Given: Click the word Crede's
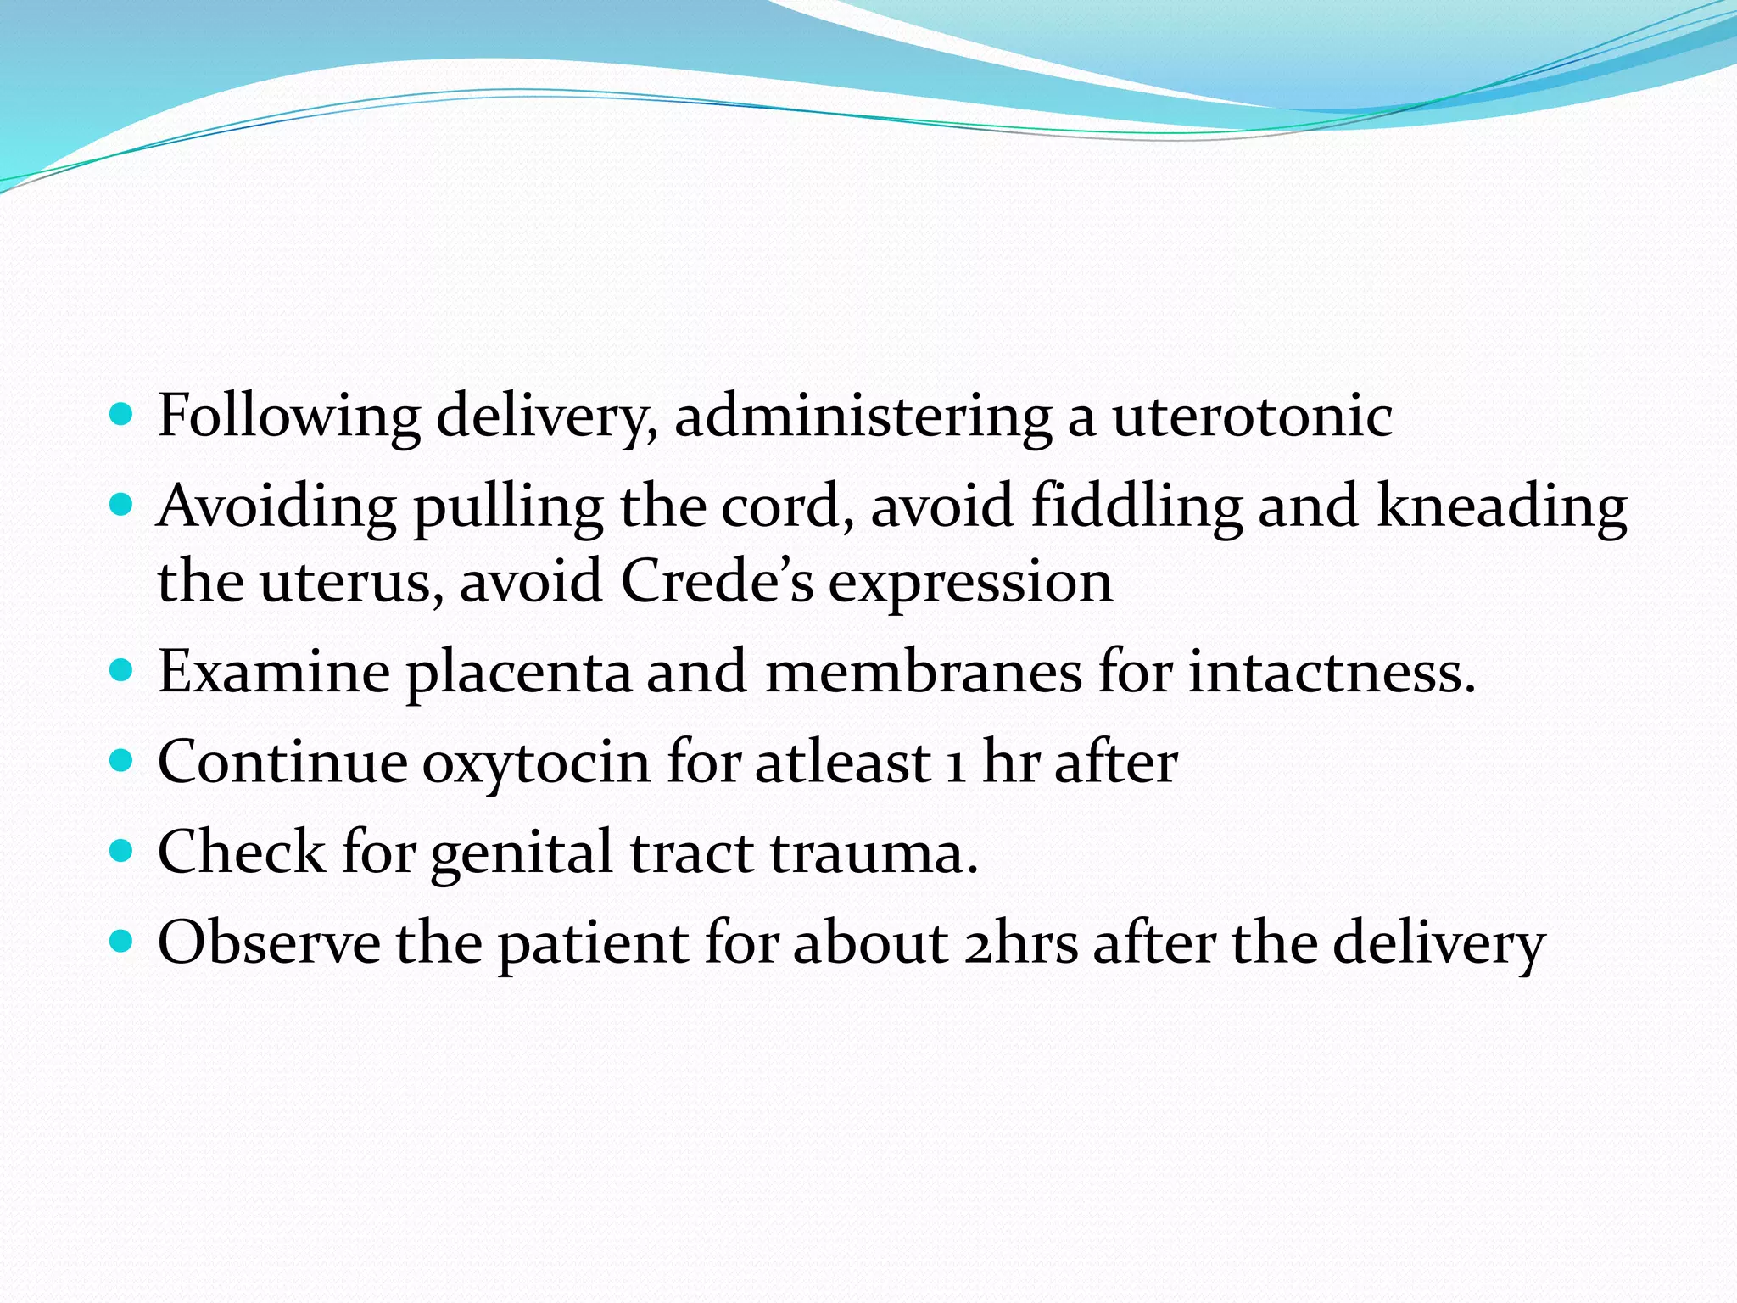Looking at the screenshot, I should [x=717, y=582].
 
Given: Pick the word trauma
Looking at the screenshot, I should [x=874, y=853].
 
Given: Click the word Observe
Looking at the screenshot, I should [x=269, y=942].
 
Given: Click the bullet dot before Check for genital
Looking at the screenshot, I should [x=122, y=850].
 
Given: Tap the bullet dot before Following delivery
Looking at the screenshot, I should [x=122, y=415].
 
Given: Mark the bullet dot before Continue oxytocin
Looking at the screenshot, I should [x=122, y=759].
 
